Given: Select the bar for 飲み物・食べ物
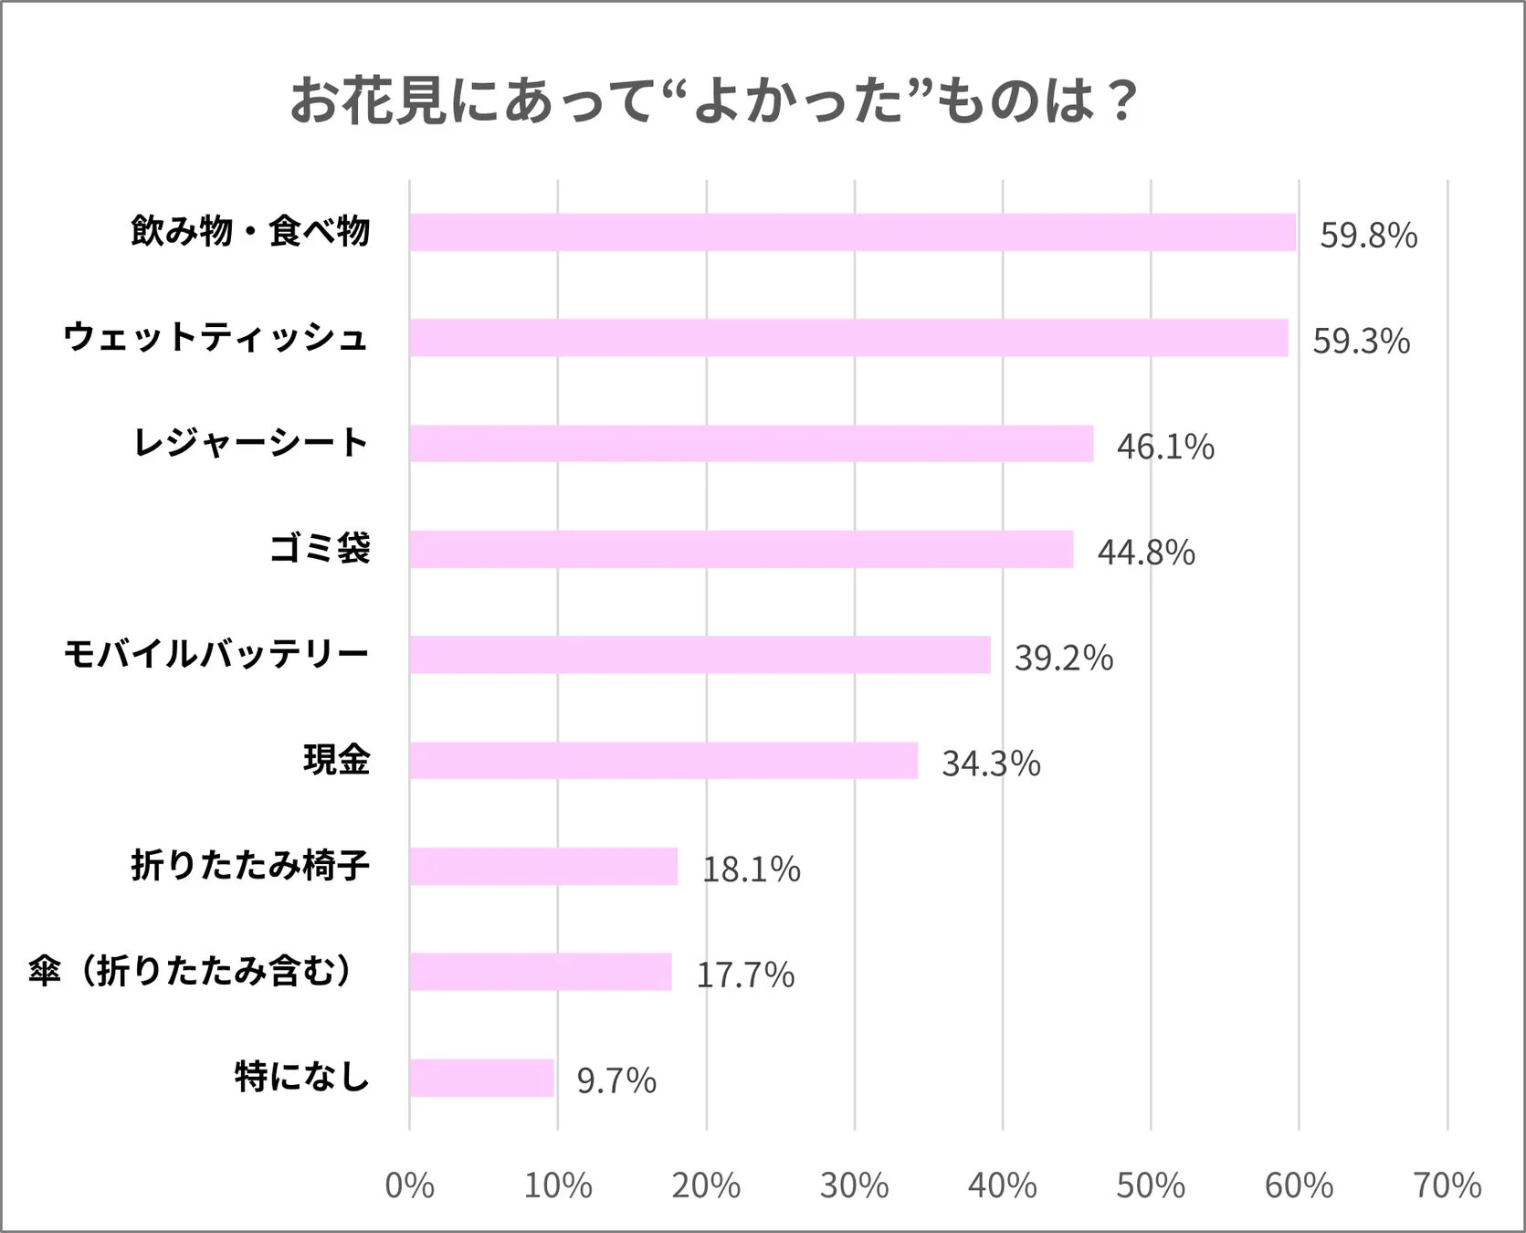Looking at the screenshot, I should pos(852,232).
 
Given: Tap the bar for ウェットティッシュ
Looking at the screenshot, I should pos(848,338).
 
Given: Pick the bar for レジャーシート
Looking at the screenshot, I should pos(751,444).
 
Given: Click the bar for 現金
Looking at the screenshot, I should pos(663,760).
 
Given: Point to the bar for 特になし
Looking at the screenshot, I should pos(481,1078).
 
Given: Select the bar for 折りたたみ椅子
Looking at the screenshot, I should pos(543,866).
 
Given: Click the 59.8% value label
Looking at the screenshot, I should pos(1368,236).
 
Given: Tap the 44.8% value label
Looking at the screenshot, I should pos(1146,553).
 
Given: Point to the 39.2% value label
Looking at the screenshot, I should pos(1064,658).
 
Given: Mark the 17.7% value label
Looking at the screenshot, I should pos(745,975).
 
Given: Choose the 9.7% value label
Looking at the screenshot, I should pos(616,1080).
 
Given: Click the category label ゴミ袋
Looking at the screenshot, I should pos(320,549).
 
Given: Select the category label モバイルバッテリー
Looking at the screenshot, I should pos(216,654).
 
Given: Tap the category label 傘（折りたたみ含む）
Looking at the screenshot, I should pos(190,971).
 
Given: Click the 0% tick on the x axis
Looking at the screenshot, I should pos(409,1186).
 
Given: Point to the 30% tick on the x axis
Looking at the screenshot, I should pos(854,1186).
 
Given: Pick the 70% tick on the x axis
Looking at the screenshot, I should pos(1447,1186).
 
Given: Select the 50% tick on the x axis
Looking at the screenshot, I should pos(1151,1186).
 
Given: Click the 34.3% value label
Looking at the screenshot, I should pos(991,764).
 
